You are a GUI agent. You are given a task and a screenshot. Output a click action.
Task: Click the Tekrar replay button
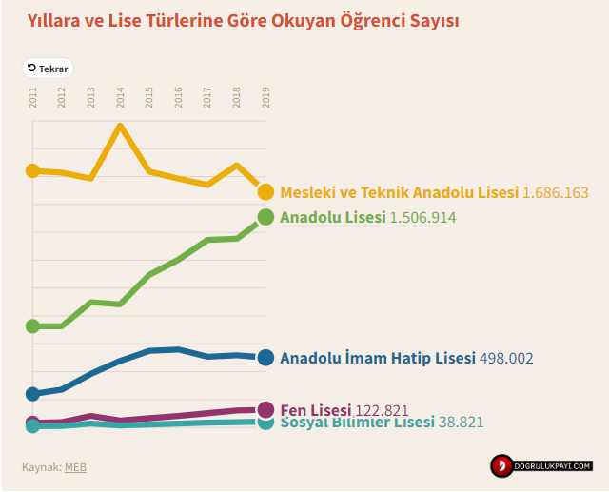(x=48, y=69)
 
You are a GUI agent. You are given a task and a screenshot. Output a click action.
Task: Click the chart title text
(x=243, y=20)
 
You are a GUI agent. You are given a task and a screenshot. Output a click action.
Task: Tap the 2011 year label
(x=33, y=97)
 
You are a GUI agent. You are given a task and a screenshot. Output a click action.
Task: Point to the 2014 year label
(x=121, y=97)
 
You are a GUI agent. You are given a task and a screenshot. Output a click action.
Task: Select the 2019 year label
(x=265, y=97)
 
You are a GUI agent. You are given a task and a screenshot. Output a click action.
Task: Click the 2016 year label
(x=179, y=97)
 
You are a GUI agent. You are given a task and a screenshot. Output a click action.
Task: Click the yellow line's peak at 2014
(x=120, y=126)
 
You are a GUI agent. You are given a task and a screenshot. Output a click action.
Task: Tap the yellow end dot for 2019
(x=265, y=192)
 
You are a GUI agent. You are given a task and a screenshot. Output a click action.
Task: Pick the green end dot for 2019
(x=265, y=217)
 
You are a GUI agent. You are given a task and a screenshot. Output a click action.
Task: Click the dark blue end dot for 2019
(x=265, y=357)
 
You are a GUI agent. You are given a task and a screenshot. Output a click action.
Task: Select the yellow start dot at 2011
(x=32, y=170)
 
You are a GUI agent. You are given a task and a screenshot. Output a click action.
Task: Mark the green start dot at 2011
(x=32, y=326)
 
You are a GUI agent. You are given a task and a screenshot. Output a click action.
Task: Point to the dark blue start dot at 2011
(x=32, y=393)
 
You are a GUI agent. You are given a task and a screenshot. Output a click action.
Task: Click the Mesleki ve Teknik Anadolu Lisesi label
(x=400, y=192)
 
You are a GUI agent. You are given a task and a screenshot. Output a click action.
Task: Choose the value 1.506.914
(x=422, y=217)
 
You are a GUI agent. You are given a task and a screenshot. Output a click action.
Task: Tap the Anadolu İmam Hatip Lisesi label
(x=378, y=358)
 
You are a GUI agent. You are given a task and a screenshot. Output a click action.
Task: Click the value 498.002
(x=506, y=358)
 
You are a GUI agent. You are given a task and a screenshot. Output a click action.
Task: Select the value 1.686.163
(x=556, y=192)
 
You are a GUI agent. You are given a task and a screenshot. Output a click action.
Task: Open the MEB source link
(x=75, y=466)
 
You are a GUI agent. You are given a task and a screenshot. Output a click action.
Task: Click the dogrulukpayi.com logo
(x=541, y=466)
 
